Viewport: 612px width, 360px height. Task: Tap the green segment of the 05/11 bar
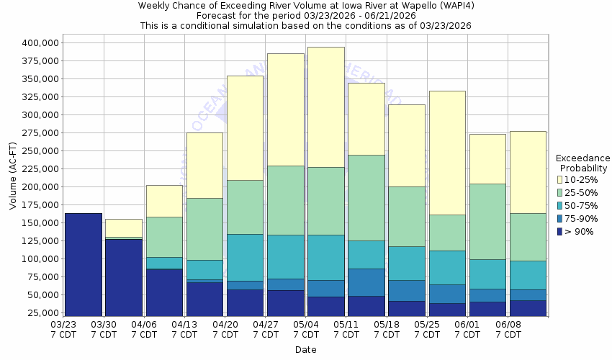click(x=366, y=197)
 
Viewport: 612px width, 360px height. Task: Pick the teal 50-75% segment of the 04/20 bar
click(x=245, y=257)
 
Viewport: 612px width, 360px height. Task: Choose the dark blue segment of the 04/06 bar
click(x=164, y=292)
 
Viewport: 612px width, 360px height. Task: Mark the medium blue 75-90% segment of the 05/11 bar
click(x=366, y=282)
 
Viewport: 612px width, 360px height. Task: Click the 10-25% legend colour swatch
click(x=559, y=179)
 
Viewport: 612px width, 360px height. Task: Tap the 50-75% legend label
click(x=580, y=205)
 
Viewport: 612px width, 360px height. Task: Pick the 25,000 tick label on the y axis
click(x=40, y=312)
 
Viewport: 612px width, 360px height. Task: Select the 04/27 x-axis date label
click(x=266, y=329)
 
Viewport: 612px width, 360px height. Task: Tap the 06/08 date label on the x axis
click(x=508, y=329)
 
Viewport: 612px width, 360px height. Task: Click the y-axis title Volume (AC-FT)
click(x=13, y=177)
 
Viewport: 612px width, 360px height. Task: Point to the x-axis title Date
click(x=305, y=350)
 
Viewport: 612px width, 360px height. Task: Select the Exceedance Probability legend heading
click(x=582, y=163)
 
